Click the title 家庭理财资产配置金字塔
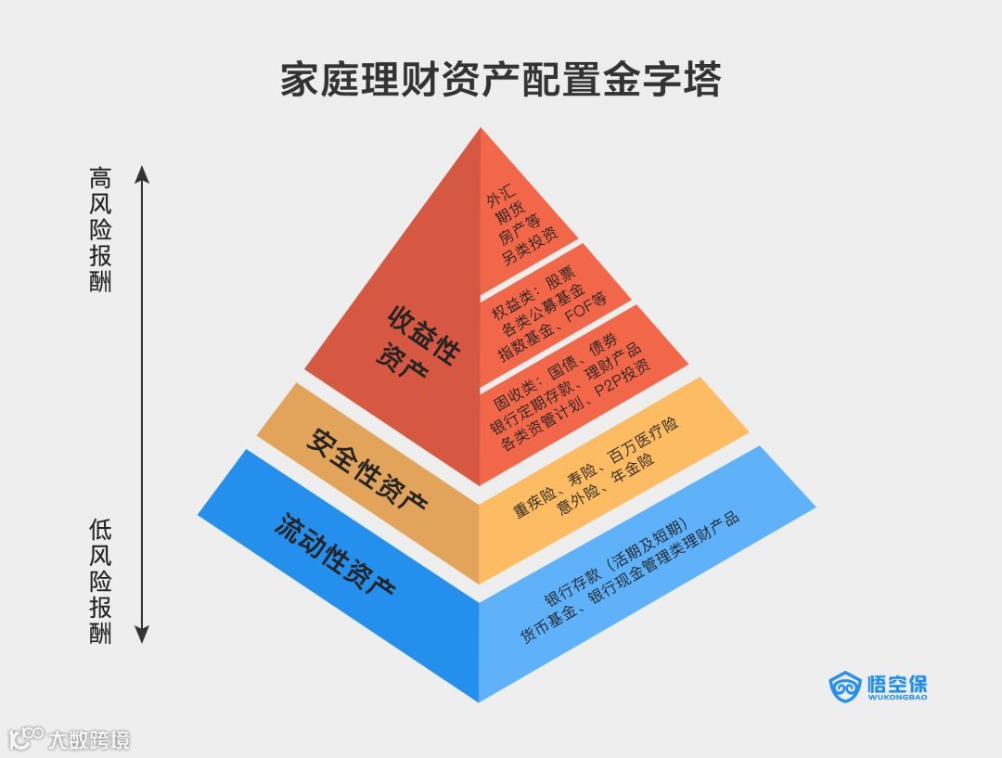click(500, 80)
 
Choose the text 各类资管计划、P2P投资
click(576, 414)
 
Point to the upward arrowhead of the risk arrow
click(142, 173)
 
